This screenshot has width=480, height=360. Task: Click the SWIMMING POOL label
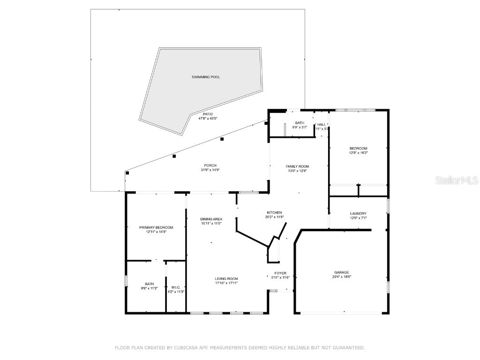[x=206, y=77]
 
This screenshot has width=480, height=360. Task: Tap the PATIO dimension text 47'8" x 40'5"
[x=208, y=118]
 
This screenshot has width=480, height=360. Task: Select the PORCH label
[x=210, y=165]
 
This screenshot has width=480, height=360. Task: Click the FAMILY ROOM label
[x=298, y=166]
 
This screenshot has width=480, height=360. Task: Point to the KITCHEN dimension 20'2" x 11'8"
[x=274, y=217]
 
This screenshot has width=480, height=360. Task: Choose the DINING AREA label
[x=211, y=219]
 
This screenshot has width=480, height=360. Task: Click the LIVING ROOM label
[x=226, y=278]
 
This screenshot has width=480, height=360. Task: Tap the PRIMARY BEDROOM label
[x=156, y=227]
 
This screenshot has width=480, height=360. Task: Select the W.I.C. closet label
[x=176, y=287]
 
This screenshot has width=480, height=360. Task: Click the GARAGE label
[x=341, y=272]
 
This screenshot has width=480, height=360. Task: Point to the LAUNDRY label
[x=358, y=213]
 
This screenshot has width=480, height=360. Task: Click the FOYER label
[x=280, y=273]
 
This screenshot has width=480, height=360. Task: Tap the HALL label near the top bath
[x=322, y=124]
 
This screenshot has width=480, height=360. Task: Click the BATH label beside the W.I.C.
[x=149, y=284]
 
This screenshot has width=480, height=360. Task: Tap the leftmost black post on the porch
[x=127, y=172]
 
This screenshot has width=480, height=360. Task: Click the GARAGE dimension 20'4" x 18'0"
[x=341, y=277]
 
